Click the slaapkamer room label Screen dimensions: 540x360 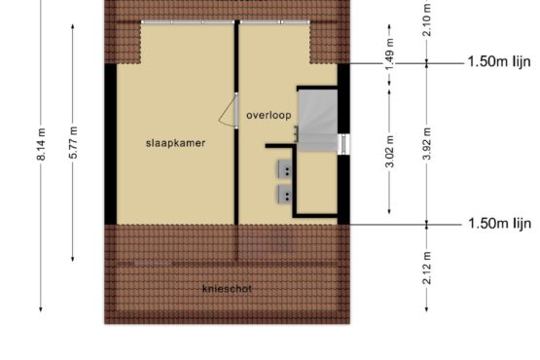click(x=176, y=143)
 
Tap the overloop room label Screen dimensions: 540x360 click(x=269, y=116)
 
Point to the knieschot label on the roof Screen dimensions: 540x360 click(x=227, y=289)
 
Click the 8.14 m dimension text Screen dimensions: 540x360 click(x=41, y=144)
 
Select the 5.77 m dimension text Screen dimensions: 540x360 click(x=73, y=143)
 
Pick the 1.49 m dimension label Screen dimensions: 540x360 click(x=389, y=54)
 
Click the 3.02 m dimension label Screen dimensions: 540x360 click(x=389, y=152)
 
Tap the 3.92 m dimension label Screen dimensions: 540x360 click(x=427, y=144)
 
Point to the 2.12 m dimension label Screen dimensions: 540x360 click(x=427, y=268)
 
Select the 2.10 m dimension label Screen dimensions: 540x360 click(x=427, y=18)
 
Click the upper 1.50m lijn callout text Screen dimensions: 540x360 click(x=499, y=62)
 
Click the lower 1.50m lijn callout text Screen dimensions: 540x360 click(x=500, y=224)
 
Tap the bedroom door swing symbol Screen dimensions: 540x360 click(x=228, y=111)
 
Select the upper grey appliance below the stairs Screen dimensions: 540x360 click(x=285, y=168)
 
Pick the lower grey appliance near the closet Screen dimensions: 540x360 click(x=285, y=194)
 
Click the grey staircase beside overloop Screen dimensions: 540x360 click(x=317, y=121)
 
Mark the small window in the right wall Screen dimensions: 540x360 click(x=343, y=144)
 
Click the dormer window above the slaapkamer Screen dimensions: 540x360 click(x=188, y=22)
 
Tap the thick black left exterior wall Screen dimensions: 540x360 click(x=111, y=144)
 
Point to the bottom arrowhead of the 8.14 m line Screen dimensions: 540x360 click(x=41, y=309)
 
